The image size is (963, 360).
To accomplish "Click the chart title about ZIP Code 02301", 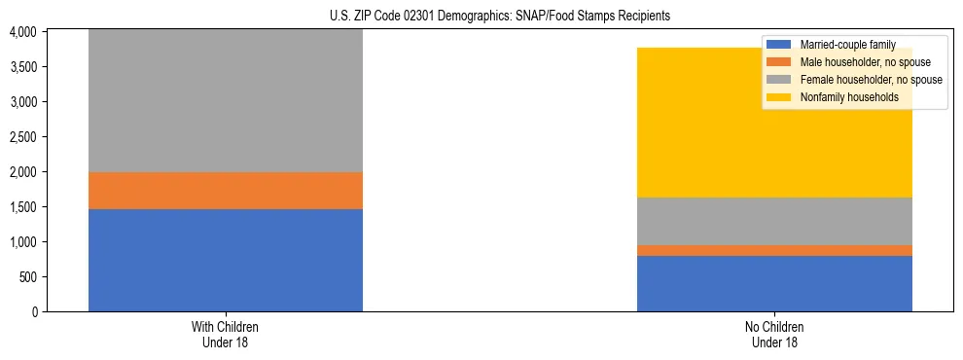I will click(x=481, y=17).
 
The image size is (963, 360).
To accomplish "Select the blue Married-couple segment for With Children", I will click(x=226, y=260).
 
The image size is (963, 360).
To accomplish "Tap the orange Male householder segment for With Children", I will click(x=226, y=191).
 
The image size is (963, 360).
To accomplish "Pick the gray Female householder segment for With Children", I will click(x=226, y=101).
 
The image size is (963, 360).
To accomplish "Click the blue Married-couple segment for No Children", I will click(x=774, y=283).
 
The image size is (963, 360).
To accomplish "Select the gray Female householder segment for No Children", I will click(x=774, y=221).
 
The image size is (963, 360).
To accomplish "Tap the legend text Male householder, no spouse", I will click(x=859, y=62).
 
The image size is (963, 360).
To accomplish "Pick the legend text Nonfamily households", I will click(x=842, y=97).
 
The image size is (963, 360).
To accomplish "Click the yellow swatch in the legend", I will click(x=779, y=97).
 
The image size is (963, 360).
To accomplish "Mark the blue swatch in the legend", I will click(x=779, y=45).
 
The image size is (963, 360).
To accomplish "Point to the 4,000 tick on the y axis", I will click(x=22, y=32).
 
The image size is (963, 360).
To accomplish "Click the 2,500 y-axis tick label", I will click(x=22, y=137).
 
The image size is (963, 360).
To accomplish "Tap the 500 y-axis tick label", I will click(x=28, y=277).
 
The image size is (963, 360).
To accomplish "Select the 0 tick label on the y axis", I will click(x=34, y=312).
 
